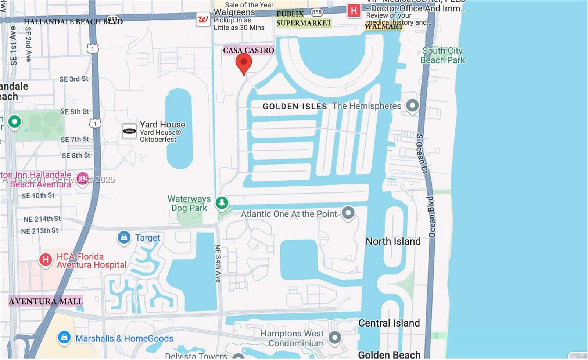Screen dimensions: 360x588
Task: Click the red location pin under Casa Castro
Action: [243, 63]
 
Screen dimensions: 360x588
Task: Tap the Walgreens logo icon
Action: [203, 19]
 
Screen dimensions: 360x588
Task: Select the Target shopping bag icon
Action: [124, 237]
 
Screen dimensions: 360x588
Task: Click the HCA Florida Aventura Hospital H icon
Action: [46, 260]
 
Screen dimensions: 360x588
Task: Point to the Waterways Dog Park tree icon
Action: [222, 202]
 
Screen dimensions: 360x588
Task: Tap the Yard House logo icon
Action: [129, 131]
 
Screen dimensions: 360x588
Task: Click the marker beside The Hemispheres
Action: [412, 105]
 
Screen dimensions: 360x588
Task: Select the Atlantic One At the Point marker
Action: [348, 213]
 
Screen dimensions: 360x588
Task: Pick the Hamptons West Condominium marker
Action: [335, 337]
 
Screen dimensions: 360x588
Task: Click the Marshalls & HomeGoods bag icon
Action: [64, 337]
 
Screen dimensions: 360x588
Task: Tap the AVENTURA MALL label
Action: [46, 301]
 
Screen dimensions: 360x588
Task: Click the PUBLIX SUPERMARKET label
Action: [304, 18]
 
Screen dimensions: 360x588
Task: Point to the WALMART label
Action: [384, 26]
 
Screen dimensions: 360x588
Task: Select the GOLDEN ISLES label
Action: [295, 107]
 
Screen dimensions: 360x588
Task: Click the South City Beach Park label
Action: [442, 55]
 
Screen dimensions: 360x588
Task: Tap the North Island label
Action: [393, 241]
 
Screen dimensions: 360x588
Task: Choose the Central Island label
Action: [389, 323]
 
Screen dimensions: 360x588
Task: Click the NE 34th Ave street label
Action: [218, 263]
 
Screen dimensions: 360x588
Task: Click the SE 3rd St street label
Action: [74, 79]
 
